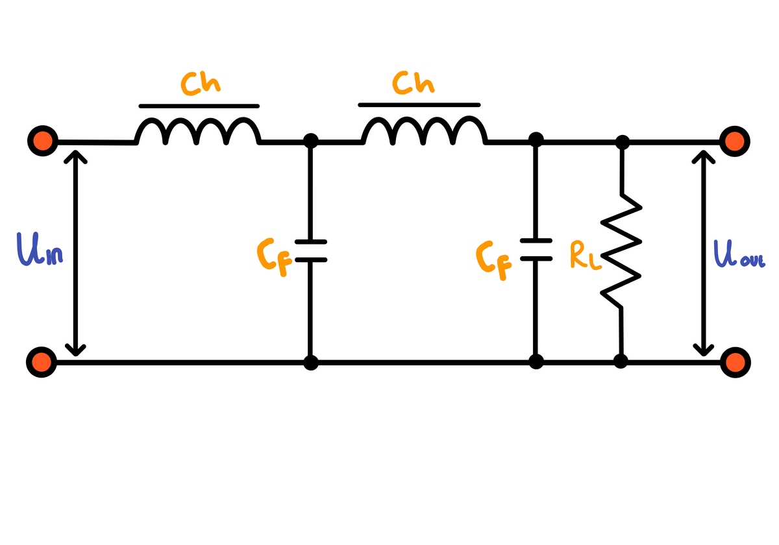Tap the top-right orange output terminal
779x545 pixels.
click(x=735, y=141)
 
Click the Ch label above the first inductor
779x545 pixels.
click(x=201, y=84)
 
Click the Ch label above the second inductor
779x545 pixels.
click(x=414, y=84)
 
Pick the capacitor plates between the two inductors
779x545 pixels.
click(x=311, y=251)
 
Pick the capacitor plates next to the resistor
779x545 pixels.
click(x=536, y=250)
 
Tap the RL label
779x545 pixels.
click(x=584, y=255)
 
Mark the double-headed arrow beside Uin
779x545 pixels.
click(x=77, y=253)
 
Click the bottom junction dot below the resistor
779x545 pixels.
click(x=621, y=361)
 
